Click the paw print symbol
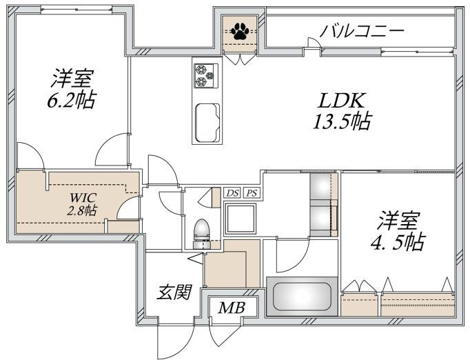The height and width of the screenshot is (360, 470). tap(241, 30)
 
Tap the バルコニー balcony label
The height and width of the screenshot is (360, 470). tap(362, 31)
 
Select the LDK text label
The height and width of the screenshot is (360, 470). tap(338, 99)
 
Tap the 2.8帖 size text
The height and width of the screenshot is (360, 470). tap(81, 210)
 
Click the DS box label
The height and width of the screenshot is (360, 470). tap(232, 194)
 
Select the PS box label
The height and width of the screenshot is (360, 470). tap(252, 194)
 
